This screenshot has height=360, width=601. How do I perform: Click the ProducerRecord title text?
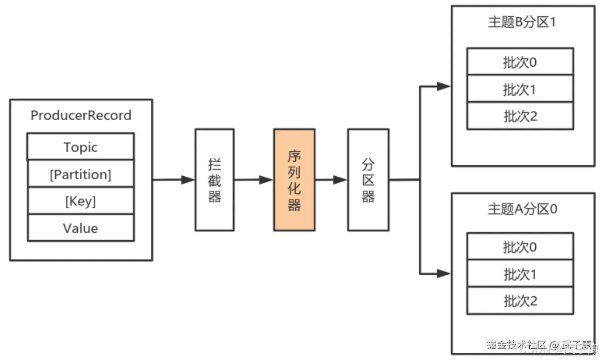81,115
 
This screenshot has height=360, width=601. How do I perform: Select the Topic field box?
81,147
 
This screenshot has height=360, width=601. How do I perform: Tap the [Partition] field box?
81,174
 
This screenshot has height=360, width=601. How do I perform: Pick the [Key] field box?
81,201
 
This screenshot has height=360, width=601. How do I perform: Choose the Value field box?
81,228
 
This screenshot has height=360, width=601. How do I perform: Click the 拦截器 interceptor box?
214,180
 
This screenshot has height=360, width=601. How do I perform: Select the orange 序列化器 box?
294,180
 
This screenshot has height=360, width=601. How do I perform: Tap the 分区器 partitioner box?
368,180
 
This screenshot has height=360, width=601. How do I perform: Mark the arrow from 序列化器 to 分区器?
331,180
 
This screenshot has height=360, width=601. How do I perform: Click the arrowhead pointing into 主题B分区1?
443,86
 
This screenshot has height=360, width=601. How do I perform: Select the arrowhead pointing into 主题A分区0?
443,274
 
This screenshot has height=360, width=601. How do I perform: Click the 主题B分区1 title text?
522,22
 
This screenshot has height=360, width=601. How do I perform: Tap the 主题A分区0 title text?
522,209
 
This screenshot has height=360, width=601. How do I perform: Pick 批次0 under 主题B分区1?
520,62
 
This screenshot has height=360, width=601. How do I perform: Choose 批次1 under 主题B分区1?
520,89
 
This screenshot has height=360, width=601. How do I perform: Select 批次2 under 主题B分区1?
520,116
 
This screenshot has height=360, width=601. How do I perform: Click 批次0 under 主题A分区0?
520,247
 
